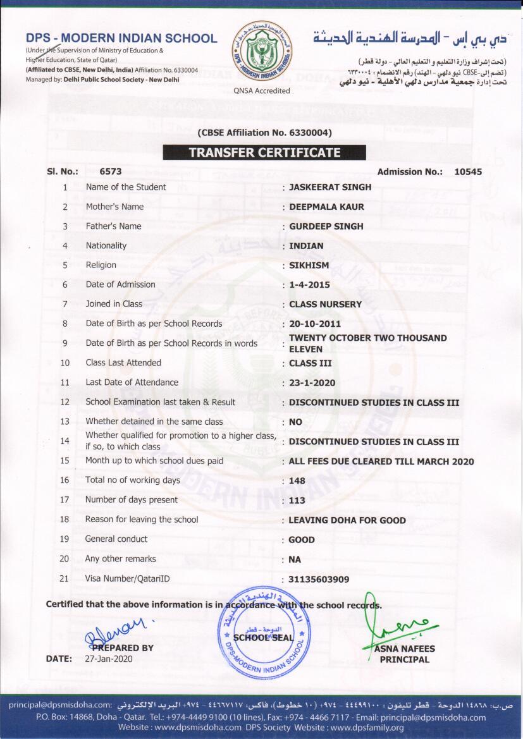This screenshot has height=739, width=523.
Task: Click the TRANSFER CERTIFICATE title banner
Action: coord(264,152)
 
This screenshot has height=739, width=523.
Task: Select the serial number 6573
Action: coord(111,171)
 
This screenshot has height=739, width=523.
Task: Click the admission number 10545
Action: coord(468,171)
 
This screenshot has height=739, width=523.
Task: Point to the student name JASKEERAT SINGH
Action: coord(330,187)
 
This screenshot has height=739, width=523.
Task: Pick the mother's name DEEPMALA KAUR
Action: coord(326,207)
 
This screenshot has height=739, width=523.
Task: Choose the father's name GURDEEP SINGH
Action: coord(326,226)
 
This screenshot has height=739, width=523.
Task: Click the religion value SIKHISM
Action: coord(309,266)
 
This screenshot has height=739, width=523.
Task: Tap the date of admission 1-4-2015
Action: coord(309,285)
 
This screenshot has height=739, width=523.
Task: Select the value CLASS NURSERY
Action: coord(325,304)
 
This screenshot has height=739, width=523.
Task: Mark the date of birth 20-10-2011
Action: coord(314,324)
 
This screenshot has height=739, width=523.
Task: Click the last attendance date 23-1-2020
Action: coord(312,383)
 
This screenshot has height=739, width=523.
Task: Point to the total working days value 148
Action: coord(297,481)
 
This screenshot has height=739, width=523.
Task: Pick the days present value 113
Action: coord(297,501)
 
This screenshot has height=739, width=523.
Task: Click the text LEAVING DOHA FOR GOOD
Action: coord(347,520)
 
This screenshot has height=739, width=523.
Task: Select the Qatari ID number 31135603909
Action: coord(319,579)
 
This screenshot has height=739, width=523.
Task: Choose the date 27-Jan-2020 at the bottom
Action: coord(109,659)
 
